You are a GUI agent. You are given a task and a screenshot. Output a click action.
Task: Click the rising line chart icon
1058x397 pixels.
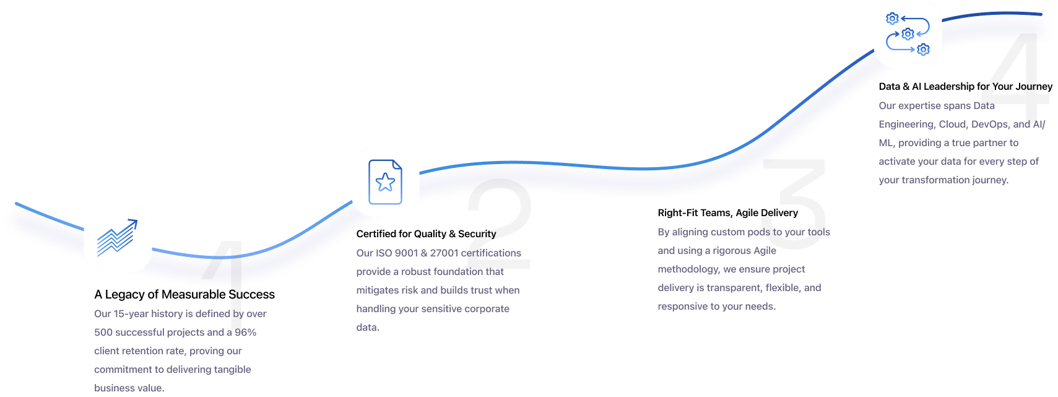pos(118,238)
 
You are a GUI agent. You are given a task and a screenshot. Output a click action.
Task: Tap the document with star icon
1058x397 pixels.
pos(385,182)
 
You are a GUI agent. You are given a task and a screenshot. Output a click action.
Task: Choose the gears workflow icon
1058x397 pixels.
pos(908,34)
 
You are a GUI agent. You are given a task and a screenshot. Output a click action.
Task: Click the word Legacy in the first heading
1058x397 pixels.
pos(124,295)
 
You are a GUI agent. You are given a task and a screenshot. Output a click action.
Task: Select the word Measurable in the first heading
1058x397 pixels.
pos(194,295)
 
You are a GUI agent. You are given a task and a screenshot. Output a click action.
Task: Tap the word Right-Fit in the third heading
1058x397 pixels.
pos(677,213)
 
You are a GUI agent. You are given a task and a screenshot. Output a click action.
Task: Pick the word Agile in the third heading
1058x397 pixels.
pos(747,213)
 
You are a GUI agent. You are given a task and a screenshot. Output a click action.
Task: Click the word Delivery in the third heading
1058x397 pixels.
pos(780,213)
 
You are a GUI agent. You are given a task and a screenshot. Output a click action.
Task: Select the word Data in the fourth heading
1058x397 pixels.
pos(889,87)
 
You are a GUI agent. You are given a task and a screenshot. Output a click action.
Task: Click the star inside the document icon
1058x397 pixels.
pos(385,182)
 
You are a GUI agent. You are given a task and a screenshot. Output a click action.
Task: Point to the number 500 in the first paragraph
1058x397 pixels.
pos(103,333)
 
